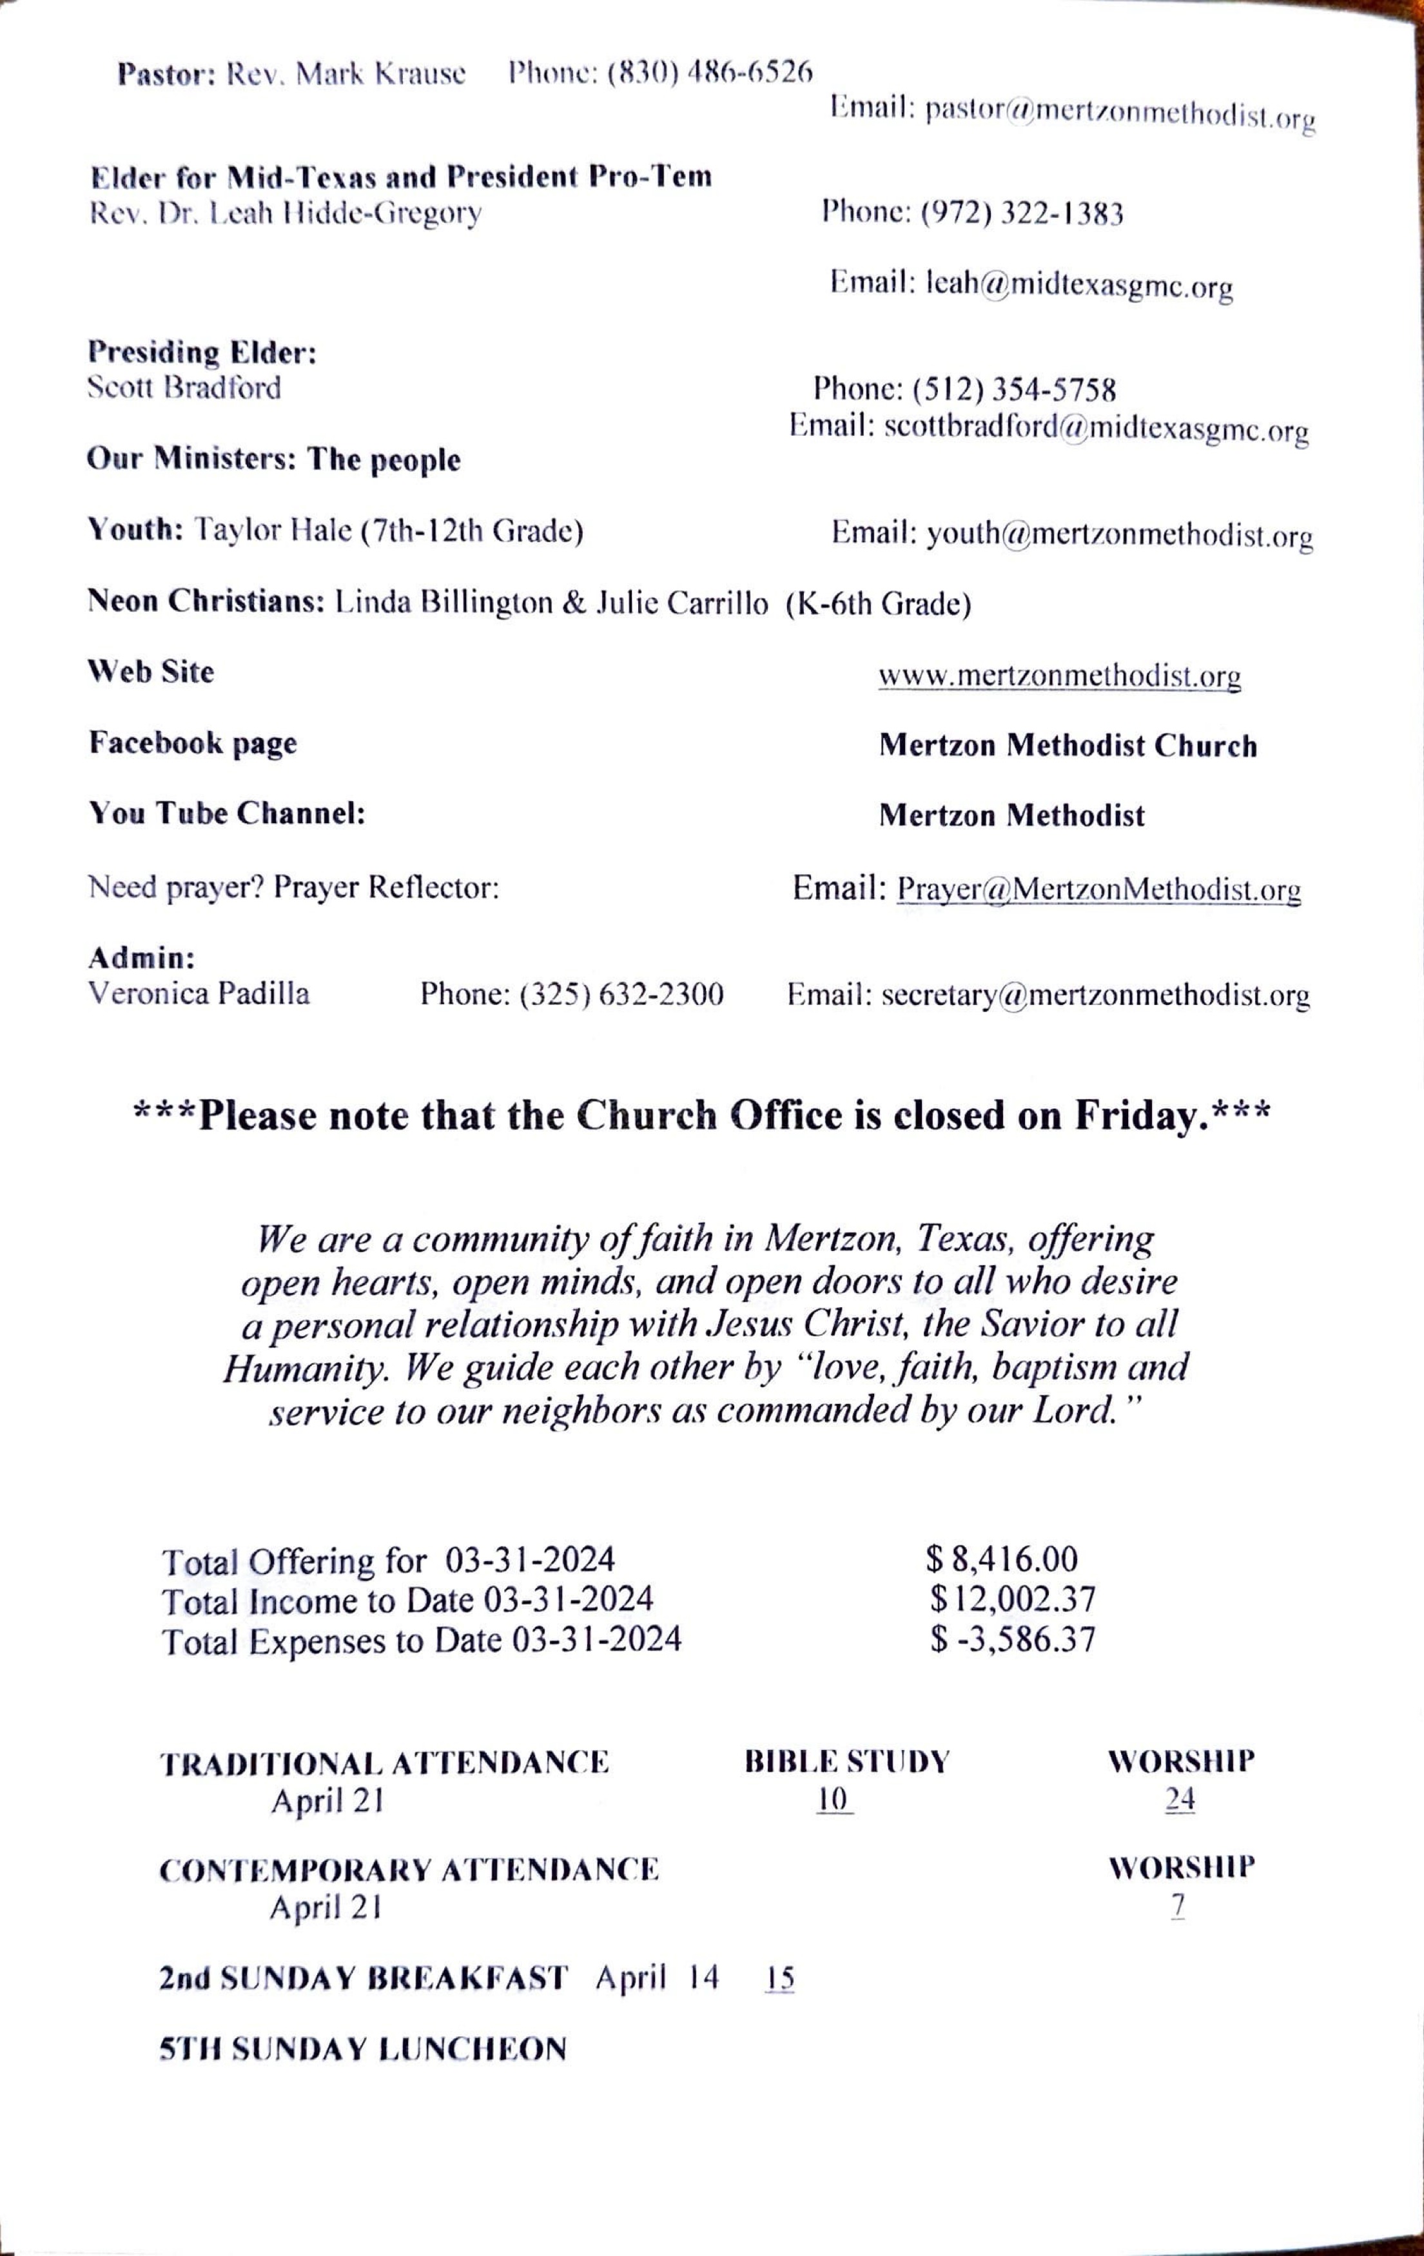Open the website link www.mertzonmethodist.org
click(1060, 676)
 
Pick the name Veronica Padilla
click(199, 993)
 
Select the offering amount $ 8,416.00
click(1002, 1560)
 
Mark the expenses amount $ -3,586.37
click(1013, 1640)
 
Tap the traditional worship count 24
click(1180, 1800)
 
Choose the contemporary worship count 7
click(1178, 1907)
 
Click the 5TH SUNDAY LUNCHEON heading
click(362, 2049)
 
